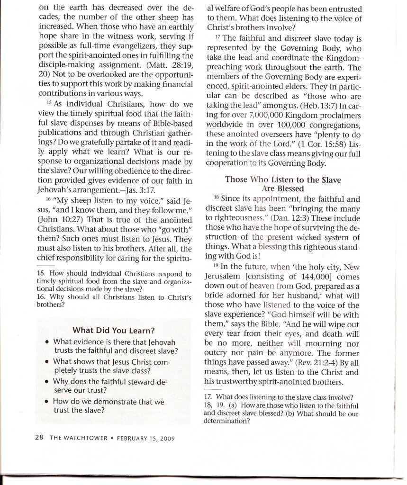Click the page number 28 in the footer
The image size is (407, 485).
[39, 438]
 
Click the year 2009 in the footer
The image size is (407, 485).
[166, 438]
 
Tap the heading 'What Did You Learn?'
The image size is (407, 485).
[115, 330]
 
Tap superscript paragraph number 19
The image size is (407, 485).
[216, 266]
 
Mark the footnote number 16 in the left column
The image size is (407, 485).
[40, 297]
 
